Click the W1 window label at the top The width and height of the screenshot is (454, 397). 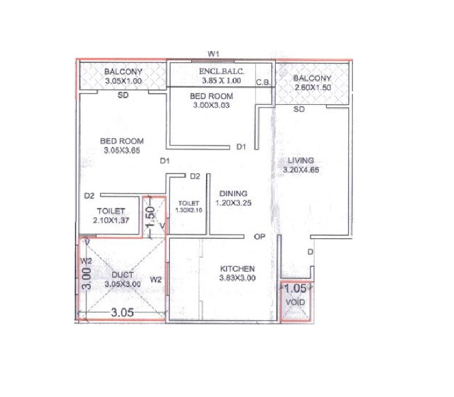213,54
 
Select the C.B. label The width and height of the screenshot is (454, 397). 263,82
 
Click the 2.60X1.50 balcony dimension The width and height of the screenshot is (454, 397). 312,87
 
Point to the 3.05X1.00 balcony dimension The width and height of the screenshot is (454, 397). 123,82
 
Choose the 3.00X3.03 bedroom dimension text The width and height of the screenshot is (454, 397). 211,105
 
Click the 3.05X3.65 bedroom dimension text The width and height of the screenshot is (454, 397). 122,151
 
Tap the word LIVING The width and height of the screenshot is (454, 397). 301,161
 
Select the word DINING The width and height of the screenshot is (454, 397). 233,193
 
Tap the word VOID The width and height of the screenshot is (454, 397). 295,302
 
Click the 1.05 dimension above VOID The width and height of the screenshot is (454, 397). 295,288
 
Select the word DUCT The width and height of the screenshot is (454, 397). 123,275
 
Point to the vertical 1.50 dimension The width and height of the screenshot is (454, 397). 150,217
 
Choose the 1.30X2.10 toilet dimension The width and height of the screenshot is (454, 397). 188,210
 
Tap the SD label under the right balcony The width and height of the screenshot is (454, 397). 299,109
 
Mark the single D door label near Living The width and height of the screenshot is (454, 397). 310,251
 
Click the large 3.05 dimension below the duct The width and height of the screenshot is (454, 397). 122,312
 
